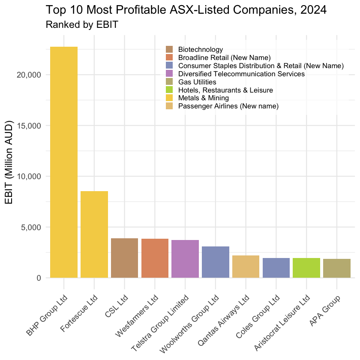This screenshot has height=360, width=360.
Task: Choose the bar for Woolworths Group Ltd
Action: click(216, 262)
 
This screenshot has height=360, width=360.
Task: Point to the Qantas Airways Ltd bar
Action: click(246, 267)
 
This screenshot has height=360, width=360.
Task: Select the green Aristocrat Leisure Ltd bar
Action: click(306, 268)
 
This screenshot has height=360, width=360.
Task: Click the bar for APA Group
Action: click(337, 268)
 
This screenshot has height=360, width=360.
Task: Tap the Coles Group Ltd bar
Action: click(276, 268)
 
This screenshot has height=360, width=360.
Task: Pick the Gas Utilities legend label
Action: click(197, 82)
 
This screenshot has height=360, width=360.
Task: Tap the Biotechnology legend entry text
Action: click(201, 50)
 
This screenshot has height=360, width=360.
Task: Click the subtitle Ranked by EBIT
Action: click(81, 25)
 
